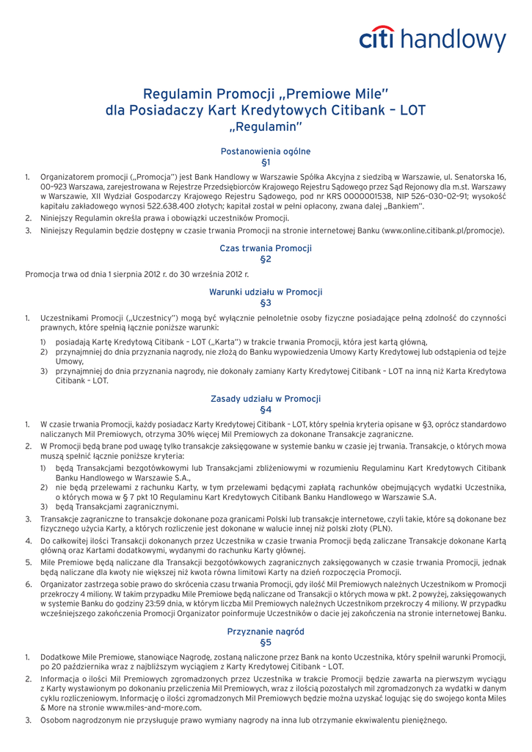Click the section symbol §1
pos(266,162)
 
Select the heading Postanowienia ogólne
pos(266,151)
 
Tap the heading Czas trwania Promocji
pos(266,248)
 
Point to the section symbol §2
pos(266,259)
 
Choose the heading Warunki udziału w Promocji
pos(266,292)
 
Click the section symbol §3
pos(266,303)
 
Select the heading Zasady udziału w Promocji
pos(266,399)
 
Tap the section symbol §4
pos(266,409)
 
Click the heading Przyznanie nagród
pos(266,631)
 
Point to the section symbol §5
pos(266,642)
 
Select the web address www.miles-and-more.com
pos(154,707)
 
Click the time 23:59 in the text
pos(158,602)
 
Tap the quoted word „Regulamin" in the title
pos(266,128)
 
